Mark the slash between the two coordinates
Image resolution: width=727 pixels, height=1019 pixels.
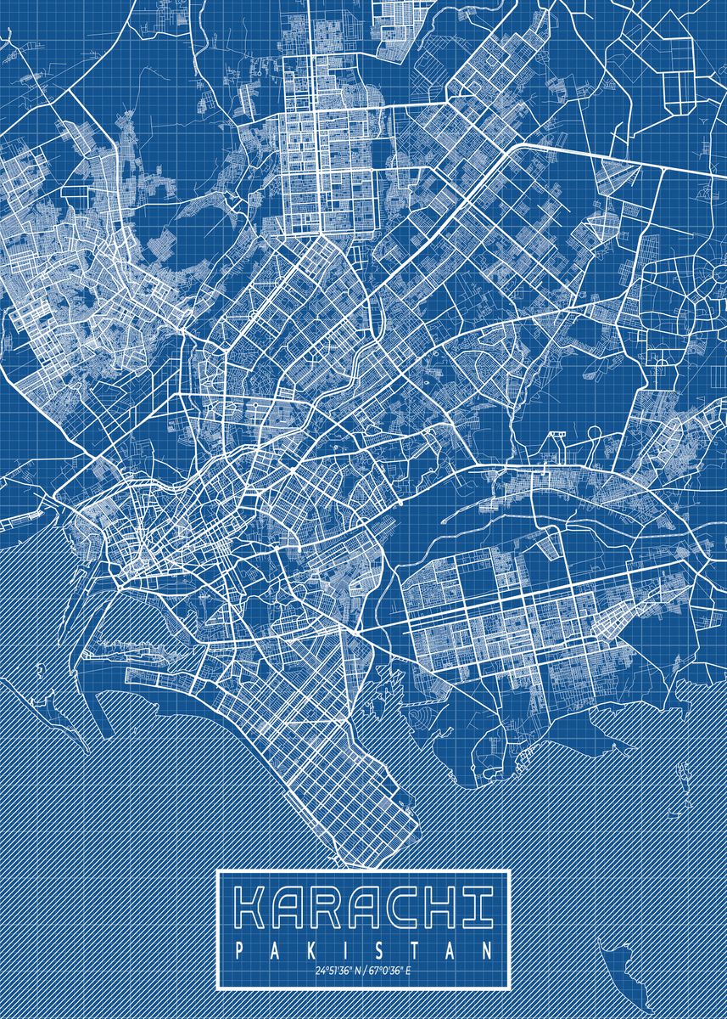(x=363, y=971)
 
